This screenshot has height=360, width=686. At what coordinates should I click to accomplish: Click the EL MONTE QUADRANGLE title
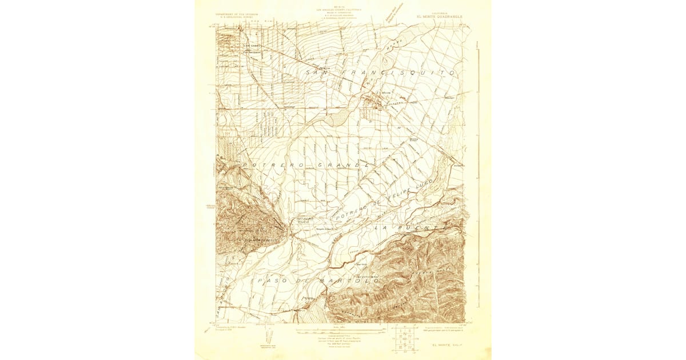tap(439, 17)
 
